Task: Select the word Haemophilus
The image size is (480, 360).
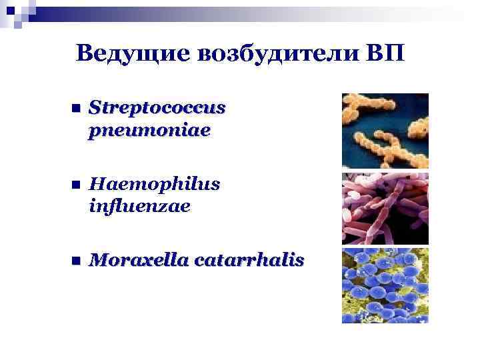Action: (148, 183)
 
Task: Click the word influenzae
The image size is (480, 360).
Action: (139, 207)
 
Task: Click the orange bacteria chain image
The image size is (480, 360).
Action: (385, 130)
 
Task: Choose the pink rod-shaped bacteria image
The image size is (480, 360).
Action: (385, 208)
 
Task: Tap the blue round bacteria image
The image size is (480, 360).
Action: (385, 285)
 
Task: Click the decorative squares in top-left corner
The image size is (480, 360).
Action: (16, 12)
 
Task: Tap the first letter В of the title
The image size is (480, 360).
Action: (83, 53)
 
